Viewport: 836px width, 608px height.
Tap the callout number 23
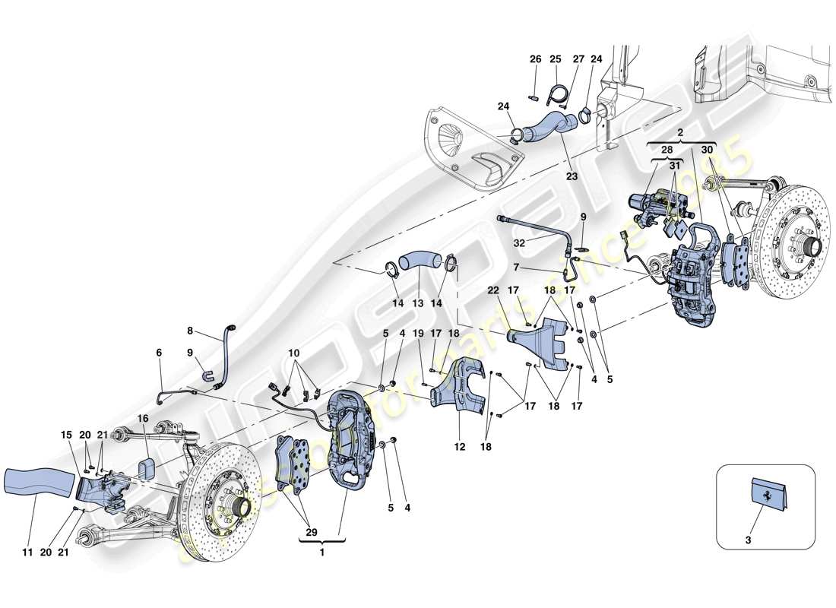tap(571, 176)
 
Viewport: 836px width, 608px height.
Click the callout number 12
tap(459, 448)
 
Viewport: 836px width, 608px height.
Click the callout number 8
tap(190, 331)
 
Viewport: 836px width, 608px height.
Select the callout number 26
tap(535, 59)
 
